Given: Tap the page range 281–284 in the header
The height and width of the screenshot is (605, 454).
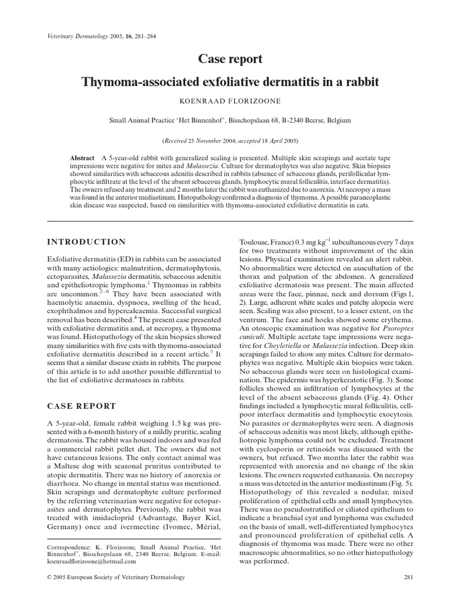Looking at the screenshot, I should click(x=155, y=37).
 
